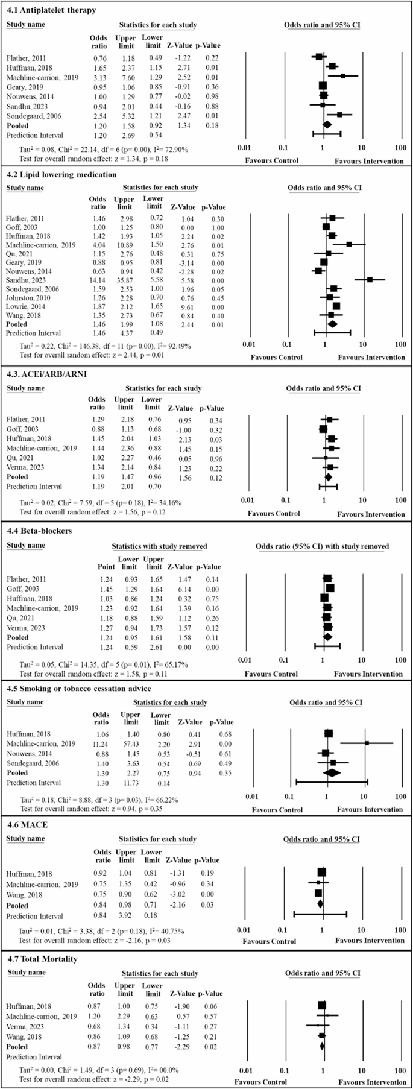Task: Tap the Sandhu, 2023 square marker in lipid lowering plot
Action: tap(370, 279)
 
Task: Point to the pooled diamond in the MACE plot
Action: tap(320, 904)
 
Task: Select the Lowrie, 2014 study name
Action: tap(25, 306)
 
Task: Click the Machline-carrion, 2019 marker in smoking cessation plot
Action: tap(367, 743)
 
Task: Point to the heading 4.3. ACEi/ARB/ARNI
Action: tap(46, 374)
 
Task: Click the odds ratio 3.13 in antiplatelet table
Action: tap(98, 77)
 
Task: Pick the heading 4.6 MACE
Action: tap(27, 824)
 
